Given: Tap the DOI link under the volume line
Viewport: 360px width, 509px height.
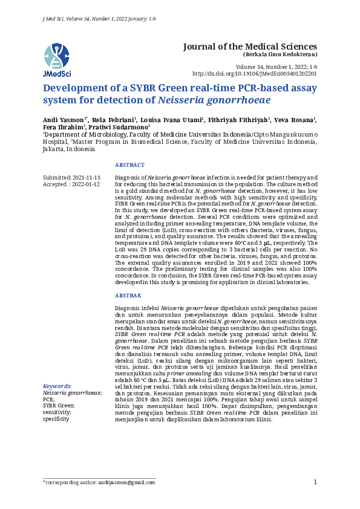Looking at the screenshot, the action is click(x=254, y=73).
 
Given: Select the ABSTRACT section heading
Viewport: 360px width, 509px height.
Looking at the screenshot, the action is click(x=129, y=165).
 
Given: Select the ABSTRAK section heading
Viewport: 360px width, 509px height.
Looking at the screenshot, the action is click(x=128, y=296).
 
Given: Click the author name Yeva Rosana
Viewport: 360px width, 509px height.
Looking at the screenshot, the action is click(x=299, y=120).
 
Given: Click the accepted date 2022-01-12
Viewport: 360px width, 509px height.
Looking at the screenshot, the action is click(x=87, y=184).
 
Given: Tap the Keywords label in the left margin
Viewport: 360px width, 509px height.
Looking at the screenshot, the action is click(x=57, y=386).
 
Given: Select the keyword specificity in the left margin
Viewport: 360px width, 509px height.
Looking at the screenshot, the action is click(x=56, y=419).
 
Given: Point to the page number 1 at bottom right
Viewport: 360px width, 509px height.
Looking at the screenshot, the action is click(x=315, y=482).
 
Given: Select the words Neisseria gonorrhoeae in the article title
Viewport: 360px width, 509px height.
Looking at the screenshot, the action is click(x=223, y=101).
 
